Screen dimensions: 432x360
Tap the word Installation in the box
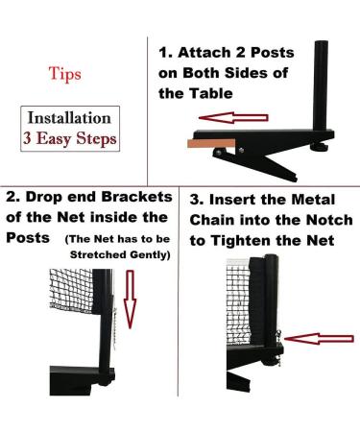pos(68,119)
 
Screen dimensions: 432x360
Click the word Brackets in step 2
pos(133,200)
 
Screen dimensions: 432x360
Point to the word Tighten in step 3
pos(239,243)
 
